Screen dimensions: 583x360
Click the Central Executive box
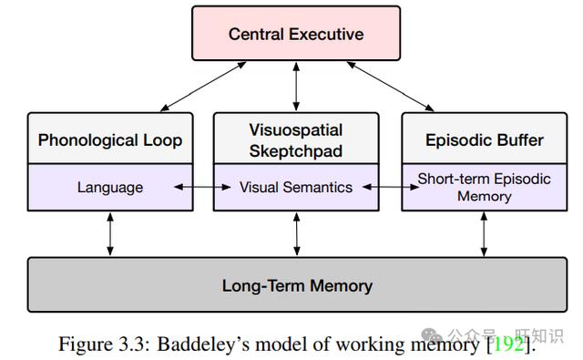[x=296, y=33]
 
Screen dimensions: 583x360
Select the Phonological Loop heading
[x=110, y=140]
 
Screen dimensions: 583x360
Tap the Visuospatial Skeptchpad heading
[x=296, y=140]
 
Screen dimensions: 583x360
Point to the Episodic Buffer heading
[x=484, y=140]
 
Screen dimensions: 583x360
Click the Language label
[x=110, y=187]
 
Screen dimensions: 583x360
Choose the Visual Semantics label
[x=296, y=187]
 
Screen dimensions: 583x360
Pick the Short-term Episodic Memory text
[x=484, y=187]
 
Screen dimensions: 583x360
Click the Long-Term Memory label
[x=297, y=285]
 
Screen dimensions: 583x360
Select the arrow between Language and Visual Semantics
[x=202, y=187]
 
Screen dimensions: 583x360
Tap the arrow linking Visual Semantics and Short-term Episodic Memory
[x=391, y=187]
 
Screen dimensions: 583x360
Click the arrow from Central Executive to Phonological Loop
[x=203, y=87]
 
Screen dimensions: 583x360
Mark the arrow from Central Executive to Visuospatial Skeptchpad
[x=296, y=87]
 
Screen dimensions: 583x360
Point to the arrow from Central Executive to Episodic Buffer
[x=391, y=87]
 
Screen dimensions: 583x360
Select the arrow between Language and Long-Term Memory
[x=110, y=234]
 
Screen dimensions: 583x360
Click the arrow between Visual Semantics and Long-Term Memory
[x=296, y=234]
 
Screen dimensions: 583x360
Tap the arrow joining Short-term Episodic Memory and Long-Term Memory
[x=484, y=234]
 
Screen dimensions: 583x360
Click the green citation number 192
[x=508, y=344]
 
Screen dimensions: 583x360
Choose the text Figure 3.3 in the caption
[x=104, y=344]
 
